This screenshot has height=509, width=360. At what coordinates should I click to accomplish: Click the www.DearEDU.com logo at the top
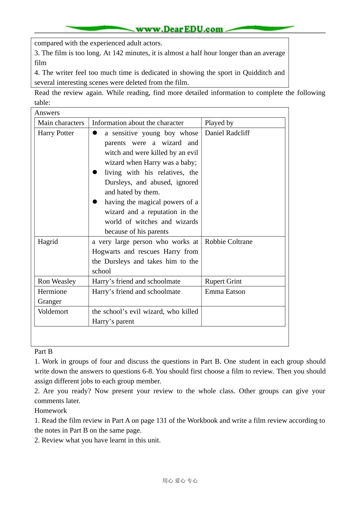click(x=180, y=29)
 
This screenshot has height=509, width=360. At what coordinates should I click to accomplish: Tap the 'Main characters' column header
click(x=61, y=123)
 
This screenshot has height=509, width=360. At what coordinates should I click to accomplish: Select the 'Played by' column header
click(x=219, y=123)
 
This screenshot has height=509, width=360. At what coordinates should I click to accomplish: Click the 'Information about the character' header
click(x=138, y=123)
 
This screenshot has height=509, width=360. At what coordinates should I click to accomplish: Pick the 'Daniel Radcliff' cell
click(x=227, y=133)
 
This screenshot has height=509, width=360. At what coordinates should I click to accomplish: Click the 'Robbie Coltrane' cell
click(x=229, y=242)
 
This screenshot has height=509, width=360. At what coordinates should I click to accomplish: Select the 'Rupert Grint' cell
click(x=223, y=281)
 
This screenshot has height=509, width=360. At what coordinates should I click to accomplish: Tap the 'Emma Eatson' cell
click(x=225, y=292)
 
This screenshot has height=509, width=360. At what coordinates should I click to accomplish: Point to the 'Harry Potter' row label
click(x=56, y=133)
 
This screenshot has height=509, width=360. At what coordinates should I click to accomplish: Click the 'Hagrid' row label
click(x=48, y=242)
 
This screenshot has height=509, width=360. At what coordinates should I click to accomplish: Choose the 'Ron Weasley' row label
click(x=57, y=281)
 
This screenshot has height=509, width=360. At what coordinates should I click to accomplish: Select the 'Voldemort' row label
click(x=53, y=312)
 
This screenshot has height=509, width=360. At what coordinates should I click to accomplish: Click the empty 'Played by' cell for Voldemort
click(x=243, y=316)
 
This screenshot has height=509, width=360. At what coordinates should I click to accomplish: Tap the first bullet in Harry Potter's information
click(x=95, y=133)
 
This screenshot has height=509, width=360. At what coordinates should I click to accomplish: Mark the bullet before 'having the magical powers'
click(x=95, y=202)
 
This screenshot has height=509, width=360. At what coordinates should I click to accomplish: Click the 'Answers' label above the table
click(x=47, y=113)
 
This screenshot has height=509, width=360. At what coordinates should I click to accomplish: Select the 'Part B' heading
click(x=44, y=351)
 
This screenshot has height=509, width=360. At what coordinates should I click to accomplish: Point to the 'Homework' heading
click(x=50, y=411)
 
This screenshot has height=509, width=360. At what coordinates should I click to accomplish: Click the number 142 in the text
click(x=118, y=53)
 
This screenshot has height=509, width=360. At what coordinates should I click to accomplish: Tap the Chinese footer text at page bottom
click(x=180, y=481)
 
